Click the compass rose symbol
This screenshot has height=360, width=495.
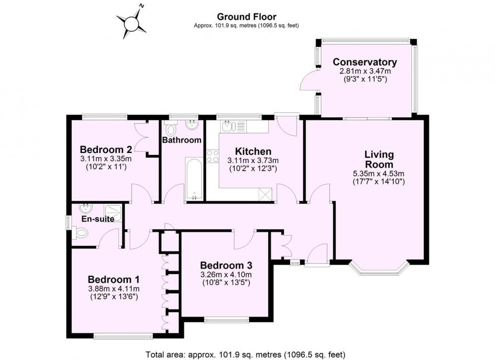[131, 23]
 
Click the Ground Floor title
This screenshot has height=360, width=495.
[247, 16]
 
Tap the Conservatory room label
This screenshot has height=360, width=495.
[365, 62]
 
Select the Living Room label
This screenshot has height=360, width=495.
[379, 159]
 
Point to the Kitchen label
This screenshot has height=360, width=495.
[253, 151]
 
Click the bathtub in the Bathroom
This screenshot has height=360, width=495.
[193, 179]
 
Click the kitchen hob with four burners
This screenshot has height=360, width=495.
[212, 156]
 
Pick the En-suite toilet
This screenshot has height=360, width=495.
[81, 233]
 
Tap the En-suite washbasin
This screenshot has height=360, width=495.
[85, 209]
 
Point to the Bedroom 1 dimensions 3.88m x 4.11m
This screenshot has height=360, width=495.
[114, 288]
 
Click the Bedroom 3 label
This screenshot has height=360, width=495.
[226, 265]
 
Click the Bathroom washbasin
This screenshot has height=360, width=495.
[192, 125]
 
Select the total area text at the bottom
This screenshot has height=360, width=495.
[246, 355]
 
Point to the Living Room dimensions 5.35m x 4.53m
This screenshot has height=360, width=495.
[379, 173]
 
